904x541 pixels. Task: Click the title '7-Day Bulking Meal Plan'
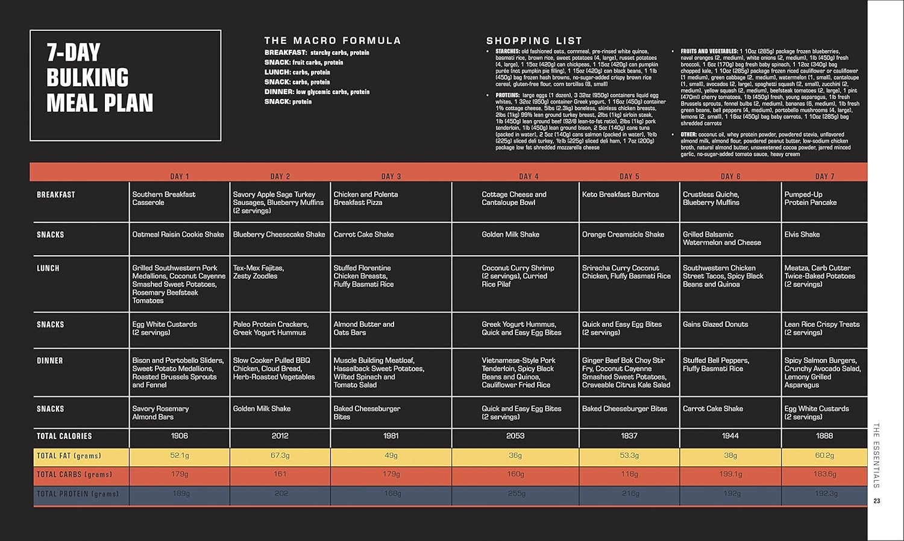[99, 78]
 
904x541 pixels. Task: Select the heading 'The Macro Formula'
[332, 40]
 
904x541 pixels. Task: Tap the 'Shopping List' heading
[534, 40]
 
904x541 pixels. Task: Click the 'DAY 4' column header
[529, 176]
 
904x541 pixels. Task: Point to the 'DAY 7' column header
[824, 176]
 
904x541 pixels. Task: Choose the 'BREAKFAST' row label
[56, 195]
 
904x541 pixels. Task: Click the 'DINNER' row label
[50, 361]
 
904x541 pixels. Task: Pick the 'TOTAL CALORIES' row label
[64, 436]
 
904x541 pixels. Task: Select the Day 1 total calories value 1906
[180, 435]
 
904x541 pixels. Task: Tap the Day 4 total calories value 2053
[515, 435]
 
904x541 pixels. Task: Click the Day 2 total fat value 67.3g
[280, 455]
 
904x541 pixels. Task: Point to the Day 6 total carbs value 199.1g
[730, 474]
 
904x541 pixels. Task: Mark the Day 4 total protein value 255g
[516, 493]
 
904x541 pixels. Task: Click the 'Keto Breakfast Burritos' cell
[620, 194]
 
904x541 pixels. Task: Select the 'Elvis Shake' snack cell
[802, 235]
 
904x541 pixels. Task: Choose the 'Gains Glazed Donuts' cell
[715, 324]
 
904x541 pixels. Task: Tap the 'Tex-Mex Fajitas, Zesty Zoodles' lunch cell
[258, 272]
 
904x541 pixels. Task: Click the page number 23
[877, 501]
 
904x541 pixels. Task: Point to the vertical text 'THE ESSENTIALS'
[877, 455]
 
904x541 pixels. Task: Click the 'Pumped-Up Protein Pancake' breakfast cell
[811, 198]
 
